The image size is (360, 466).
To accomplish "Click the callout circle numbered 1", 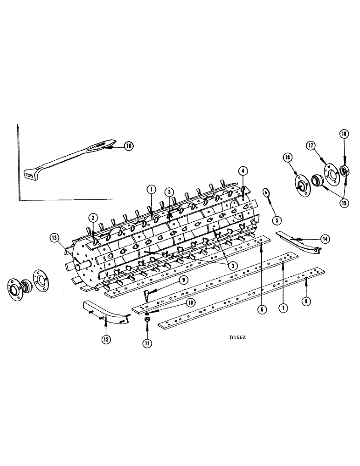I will tap(151, 190).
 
